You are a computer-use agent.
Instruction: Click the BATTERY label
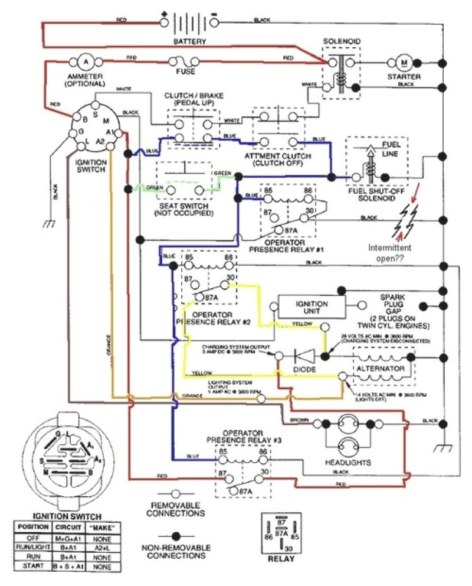click(189, 42)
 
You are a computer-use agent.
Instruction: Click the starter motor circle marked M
click(404, 62)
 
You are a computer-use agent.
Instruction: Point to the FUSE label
click(185, 72)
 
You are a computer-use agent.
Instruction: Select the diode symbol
click(303, 356)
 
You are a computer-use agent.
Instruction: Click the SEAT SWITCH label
click(183, 208)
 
